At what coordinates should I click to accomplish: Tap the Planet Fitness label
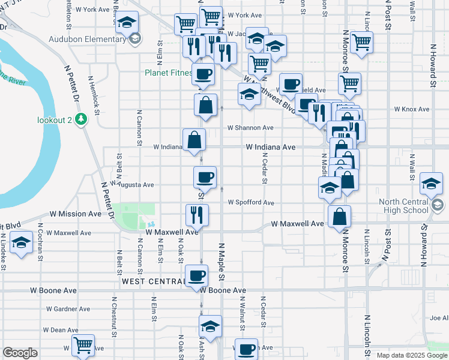click(167, 73)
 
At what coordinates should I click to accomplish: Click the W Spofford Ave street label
click(250, 203)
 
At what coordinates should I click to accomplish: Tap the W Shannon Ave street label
click(250, 128)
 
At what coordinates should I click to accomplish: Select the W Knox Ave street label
click(411, 110)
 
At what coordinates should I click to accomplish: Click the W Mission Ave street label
click(76, 214)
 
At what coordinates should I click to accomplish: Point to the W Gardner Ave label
click(67, 310)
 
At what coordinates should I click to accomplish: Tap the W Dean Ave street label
click(61, 330)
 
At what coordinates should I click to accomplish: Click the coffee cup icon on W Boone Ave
click(196, 276)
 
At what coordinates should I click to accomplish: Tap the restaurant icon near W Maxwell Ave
click(196, 214)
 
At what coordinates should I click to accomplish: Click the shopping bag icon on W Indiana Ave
click(194, 140)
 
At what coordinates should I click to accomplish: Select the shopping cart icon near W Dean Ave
click(83, 345)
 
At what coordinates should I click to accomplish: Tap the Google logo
click(20, 353)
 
